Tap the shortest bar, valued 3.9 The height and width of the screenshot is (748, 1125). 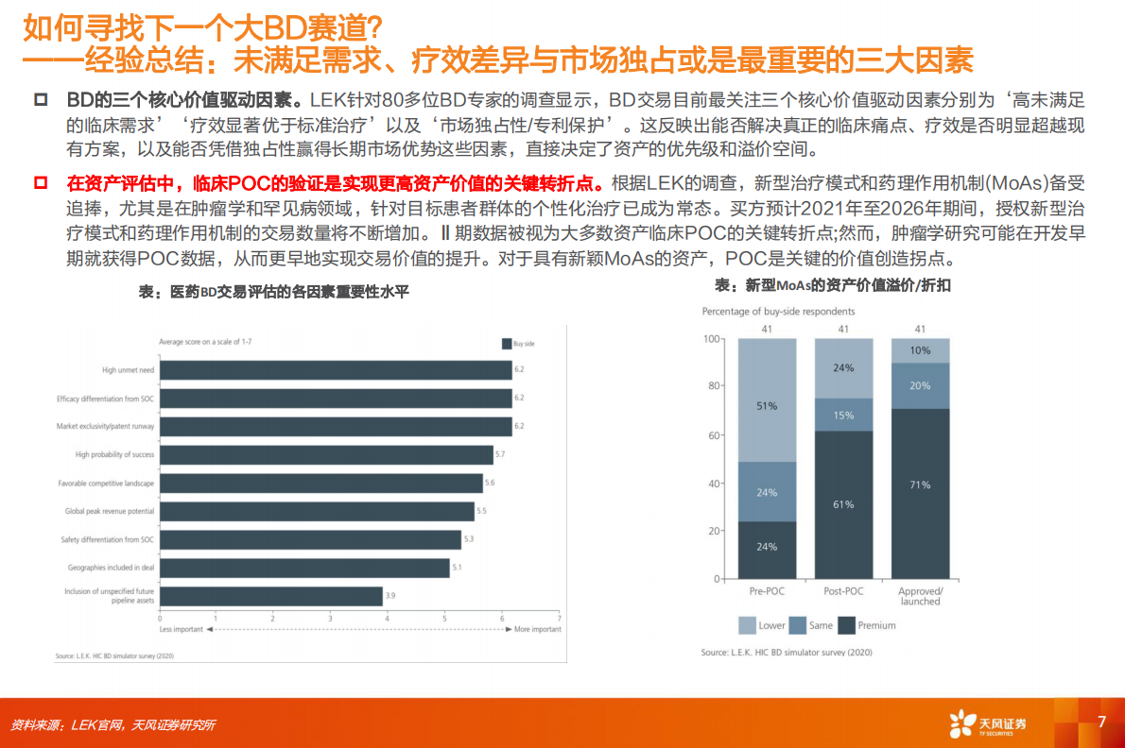point(271,596)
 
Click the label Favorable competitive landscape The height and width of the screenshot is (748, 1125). point(106,483)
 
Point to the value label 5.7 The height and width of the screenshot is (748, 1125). point(500,455)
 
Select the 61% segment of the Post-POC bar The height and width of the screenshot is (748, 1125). point(843,504)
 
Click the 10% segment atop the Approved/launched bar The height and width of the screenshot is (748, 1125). point(920,350)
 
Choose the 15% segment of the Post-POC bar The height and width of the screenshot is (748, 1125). point(843,415)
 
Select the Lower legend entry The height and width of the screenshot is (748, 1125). point(763,625)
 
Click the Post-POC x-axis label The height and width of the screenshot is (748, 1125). point(843,591)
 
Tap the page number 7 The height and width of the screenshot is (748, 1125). point(1100,722)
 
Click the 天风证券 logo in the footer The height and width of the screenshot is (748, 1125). point(988,724)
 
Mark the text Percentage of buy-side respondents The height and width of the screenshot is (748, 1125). point(778,312)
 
